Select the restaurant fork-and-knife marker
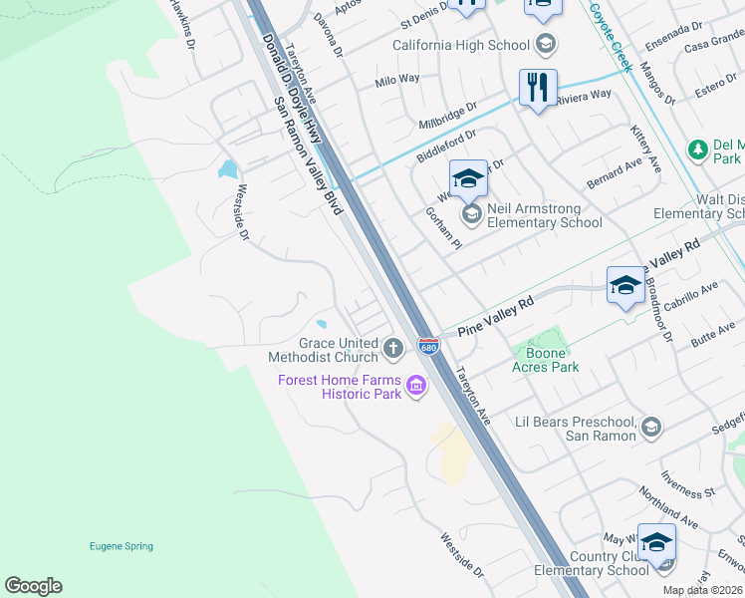(x=538, y=88)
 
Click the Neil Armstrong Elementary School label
(x=544, y=215)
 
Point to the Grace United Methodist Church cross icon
(x=393, y=349)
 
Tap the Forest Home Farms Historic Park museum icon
(x=416, y=386)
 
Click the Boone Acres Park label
(x=546, y=360)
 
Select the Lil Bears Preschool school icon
(x=651, y=428)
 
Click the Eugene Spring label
(x=122, y=546)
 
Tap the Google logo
(x=33, y=586)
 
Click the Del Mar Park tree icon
(x=699, y=149)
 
